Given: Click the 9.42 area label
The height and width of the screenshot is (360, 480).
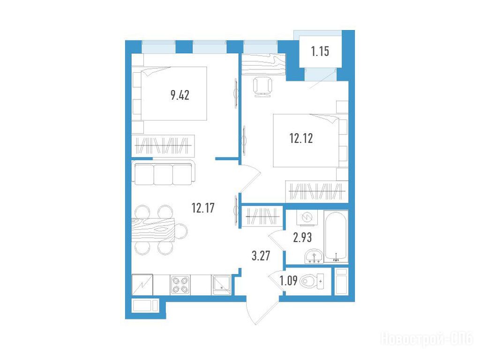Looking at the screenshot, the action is tap(180, 95).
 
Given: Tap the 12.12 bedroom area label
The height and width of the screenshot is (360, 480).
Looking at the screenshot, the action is tap(301, 138).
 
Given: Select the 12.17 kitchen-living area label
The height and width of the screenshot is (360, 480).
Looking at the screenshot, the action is tap(203, 208).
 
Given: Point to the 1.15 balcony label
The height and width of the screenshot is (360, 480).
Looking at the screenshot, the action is tap(320, 51).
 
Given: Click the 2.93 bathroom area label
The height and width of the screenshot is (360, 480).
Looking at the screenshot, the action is tap(302, 237).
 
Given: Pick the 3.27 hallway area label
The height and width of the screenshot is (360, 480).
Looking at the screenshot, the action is tap(261, 255).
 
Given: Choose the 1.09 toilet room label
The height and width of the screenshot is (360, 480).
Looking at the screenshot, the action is tap(288, 280).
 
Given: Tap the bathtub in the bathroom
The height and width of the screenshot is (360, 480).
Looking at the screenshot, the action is tap(336, 236).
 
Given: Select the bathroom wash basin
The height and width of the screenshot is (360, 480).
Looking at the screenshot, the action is tap(314, 256).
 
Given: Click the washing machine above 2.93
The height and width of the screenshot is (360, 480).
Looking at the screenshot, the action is tap(307, 217).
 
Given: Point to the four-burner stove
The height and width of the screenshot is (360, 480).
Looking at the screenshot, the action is tap(180, 285).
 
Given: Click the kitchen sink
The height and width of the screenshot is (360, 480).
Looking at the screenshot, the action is tap(221, 285).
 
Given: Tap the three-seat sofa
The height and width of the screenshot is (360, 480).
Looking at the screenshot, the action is tap(163, 172).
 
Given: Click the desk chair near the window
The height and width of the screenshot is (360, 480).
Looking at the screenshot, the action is tap(262, 87).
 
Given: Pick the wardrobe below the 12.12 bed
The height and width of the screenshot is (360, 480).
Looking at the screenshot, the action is tap(317, 192).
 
